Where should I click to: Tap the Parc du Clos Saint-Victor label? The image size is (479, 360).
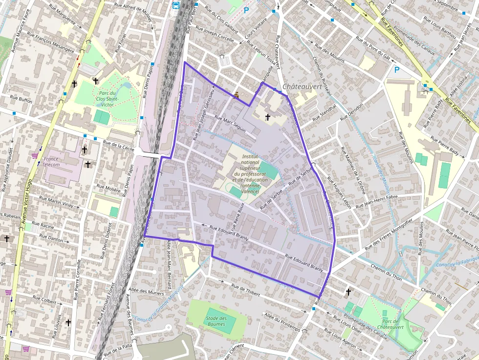click(x=106, y=99)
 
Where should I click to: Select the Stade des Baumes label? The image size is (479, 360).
click(x=217, y=321)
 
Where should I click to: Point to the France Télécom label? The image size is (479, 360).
click(x=51, y=162)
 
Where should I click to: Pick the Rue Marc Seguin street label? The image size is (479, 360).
click(x=230, y=124)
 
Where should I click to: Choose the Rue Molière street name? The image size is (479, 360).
click(x=109, y=189)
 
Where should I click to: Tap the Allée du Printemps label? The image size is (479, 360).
click(x=282, y=322)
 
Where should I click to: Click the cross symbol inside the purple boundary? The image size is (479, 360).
click(x=268, y=117)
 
